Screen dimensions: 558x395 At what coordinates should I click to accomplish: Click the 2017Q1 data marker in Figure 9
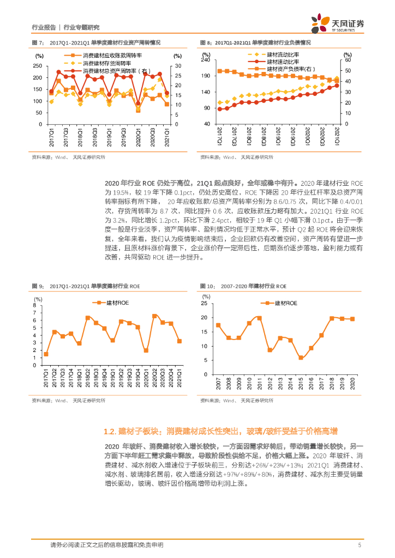pos(46,354)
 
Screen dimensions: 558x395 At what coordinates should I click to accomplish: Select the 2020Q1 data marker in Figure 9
pos(146,350)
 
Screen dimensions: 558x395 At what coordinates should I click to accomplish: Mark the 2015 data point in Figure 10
pos(300,358)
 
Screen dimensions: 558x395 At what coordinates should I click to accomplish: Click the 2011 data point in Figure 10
pos(259,318)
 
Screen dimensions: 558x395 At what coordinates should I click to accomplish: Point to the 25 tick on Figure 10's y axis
pos(204,302)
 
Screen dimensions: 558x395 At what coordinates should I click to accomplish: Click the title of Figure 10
pos(243,286)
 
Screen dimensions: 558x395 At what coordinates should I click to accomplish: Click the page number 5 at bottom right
pos(360,545)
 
